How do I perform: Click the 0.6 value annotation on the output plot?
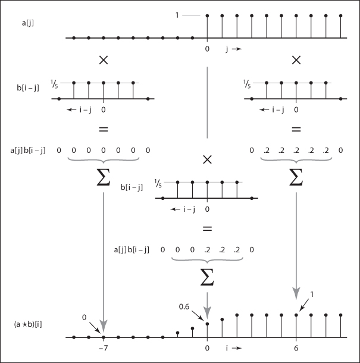click(184, 307)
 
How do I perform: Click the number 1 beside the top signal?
click(177, 15)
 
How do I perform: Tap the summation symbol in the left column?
click(104, 177)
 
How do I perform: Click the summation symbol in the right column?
click(296, 177)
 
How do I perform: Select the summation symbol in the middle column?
click(207, 275)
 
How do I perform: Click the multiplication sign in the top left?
click(104, 60)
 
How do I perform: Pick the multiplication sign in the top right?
click(296, 60)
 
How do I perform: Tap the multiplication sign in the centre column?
click(207, 159)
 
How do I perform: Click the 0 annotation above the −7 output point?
click(85, 317)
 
